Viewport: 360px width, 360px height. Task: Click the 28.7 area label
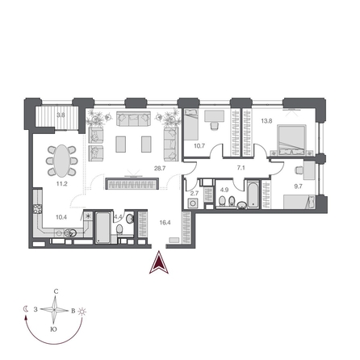click(159, 169)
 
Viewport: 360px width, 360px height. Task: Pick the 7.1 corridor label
click(240, 168)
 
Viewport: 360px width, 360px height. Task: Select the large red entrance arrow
click(160, 262)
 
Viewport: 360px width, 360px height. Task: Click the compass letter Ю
click(53, 329)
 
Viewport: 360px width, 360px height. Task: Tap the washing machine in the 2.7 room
click(194, 205)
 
